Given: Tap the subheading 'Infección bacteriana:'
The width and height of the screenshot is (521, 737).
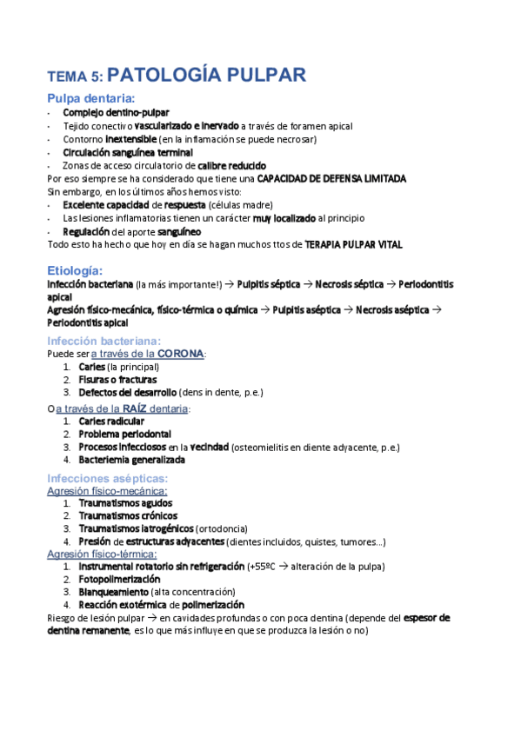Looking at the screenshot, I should [x=104, y=341].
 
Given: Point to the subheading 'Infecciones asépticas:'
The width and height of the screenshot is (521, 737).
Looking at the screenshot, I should [x=107, y=478].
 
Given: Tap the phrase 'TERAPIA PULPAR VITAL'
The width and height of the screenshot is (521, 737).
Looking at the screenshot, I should [x=354, y=245].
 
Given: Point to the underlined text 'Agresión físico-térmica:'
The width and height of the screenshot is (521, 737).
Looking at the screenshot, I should [x=102, y=554].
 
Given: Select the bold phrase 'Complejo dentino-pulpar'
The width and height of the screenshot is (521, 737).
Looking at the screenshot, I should [x=116, y=112].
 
